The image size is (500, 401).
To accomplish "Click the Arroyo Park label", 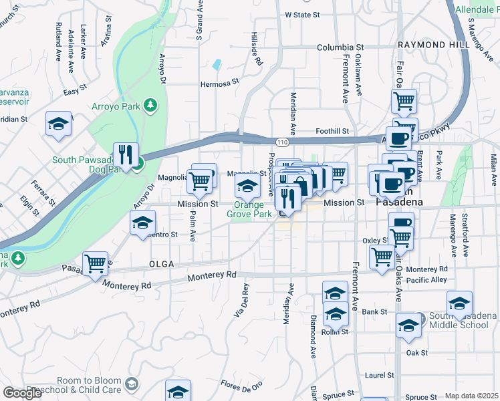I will (118, 106).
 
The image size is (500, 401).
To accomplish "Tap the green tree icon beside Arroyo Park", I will (152, 105).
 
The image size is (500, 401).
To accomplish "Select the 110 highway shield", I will (281, 142).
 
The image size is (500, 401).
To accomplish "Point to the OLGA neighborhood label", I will (161, 264).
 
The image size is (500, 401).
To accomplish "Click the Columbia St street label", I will (340, 48).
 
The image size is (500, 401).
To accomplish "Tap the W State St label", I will (303, 14).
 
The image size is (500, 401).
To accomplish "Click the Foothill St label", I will (332, 132).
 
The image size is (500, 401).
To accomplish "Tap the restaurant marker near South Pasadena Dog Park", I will (126, 155).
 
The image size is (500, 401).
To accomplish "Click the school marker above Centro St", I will (142, 223).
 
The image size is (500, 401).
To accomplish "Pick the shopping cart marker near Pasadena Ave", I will (96, 263).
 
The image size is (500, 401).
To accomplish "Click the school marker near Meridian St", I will (59, 123).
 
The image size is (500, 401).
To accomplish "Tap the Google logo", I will (23, 393).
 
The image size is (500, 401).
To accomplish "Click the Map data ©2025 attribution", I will (471, 396).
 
